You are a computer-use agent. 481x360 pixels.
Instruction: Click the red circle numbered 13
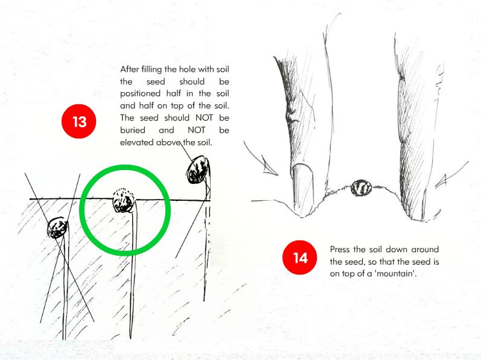point(79,121)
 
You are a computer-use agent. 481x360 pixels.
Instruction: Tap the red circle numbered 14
point(300,257)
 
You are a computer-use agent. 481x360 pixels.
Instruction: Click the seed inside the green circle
point(124,200)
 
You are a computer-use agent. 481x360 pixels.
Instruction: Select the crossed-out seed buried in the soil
point(57,228)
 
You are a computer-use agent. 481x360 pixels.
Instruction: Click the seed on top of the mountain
point(362,188)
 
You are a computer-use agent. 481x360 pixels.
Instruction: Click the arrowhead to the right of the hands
point(441,181)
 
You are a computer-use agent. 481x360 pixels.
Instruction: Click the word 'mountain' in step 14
point(395,273)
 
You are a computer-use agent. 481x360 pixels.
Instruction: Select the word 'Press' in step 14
point(340,250)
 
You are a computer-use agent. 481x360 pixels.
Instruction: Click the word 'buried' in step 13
point(133,130)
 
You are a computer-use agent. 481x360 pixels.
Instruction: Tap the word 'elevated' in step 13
point(136,142)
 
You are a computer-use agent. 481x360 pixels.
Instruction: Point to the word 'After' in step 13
point(129,69)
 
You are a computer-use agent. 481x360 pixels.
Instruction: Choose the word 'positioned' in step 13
point(140,93)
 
